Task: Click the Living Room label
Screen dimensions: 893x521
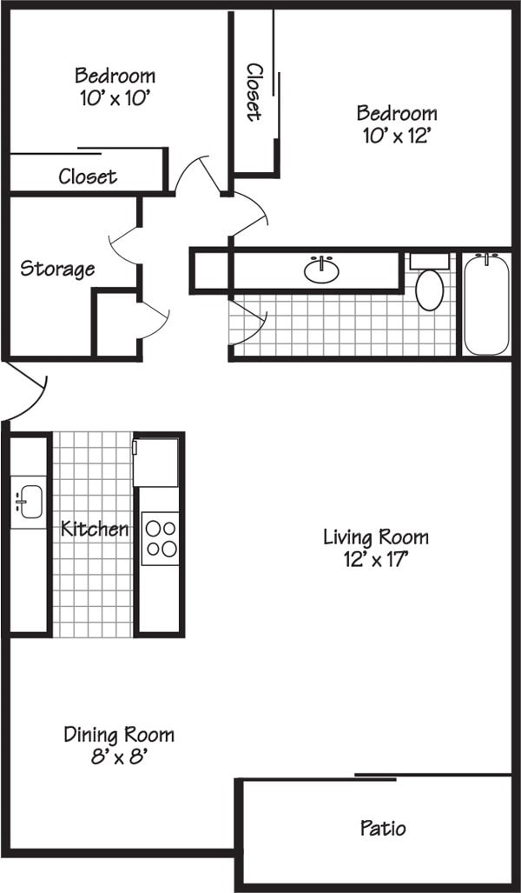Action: (x=375, y=537)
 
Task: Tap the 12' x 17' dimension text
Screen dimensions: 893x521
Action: (x=375, y=559)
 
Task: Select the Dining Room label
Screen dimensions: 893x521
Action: (x=119, y=735)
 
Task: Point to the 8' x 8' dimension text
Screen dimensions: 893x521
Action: (x=119, y=756)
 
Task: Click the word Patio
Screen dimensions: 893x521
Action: (x=383, y=828)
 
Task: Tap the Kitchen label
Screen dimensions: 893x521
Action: (x=95, y=528)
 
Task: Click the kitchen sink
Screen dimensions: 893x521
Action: (x=29, y=502)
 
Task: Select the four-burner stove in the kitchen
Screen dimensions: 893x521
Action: (x=160, y=538)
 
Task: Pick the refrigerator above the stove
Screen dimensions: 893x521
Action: (x=155, y=462)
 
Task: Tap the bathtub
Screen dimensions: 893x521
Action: (x=486, y=303)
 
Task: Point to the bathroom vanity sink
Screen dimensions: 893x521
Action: (x=321, y=270)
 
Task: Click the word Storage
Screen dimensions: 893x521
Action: (x=57, y=269)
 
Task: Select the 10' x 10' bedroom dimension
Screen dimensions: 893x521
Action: (x=115, y=97)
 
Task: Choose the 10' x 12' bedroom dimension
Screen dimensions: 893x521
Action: (x=396, y=136)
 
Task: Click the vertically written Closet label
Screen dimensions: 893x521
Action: (x=254, y=91)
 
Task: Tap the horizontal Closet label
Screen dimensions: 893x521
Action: (x=88, y=177)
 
